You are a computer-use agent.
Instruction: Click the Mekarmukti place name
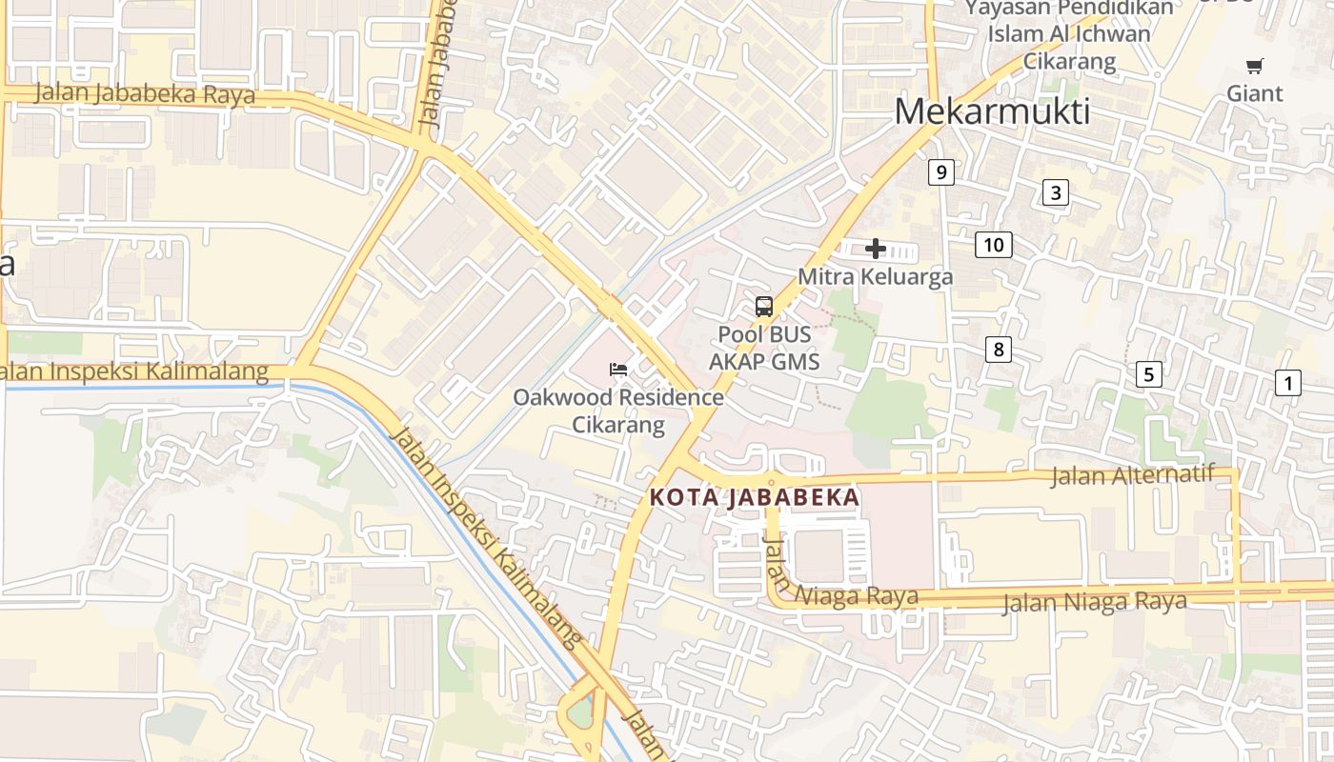[x=992, y=112]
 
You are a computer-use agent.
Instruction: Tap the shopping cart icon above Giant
[x=1254, y=66]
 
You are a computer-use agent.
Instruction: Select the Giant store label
[x=1254, y=93]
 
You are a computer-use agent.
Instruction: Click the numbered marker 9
[x=940, y=172]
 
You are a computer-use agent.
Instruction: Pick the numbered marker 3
[x=1055, y=192]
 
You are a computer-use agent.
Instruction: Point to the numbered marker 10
[x=993, y=245]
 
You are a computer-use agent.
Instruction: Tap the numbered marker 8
[x=998, y=350]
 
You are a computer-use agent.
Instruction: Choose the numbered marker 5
[x=1148, y=374]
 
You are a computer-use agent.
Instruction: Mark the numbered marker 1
[x=1287, y=384]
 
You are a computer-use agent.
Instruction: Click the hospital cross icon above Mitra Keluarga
[x=875, y=250]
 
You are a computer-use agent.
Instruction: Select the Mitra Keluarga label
[x=875, y=277]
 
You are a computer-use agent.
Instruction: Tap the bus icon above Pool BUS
[x=763, y=307]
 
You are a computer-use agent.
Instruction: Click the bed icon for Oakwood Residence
[x=617, y=370]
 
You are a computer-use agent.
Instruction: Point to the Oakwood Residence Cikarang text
[x=617, y=411]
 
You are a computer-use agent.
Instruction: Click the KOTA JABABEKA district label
[x=754, y=497]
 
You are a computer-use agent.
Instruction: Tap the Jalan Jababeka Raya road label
[x=145, y=94]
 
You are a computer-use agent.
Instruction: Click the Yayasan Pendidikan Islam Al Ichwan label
[x=1068, y=34]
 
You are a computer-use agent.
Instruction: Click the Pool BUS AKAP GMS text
[x=763, y=349]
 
